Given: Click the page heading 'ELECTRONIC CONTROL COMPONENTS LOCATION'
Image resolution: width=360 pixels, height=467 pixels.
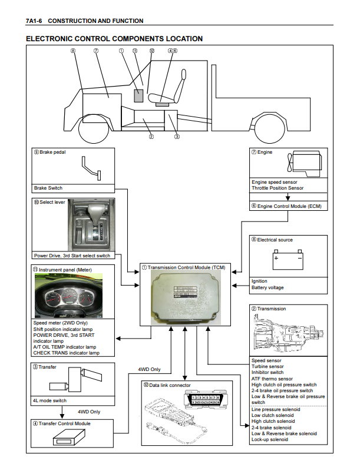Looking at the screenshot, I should coord(114,39).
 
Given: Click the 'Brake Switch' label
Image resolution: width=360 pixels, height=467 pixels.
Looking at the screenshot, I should coord(48,188).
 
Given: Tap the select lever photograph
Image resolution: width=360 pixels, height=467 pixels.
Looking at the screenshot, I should coord(91,225).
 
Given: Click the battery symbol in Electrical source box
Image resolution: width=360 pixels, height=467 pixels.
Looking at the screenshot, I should coord(288,259).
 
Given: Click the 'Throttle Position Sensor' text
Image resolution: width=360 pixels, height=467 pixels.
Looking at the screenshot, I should coord(278,188).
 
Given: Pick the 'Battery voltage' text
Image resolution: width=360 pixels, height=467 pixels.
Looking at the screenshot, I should coord(267,287).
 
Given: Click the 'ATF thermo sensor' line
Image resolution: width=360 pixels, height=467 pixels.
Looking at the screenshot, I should coord(272,379).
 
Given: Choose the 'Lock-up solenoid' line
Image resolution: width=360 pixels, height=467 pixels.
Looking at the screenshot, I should coord(270,439).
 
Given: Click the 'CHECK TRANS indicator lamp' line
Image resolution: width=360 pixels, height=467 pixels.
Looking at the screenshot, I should coord(66,353).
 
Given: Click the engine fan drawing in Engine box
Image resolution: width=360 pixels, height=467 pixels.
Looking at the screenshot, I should coord(288,162).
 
